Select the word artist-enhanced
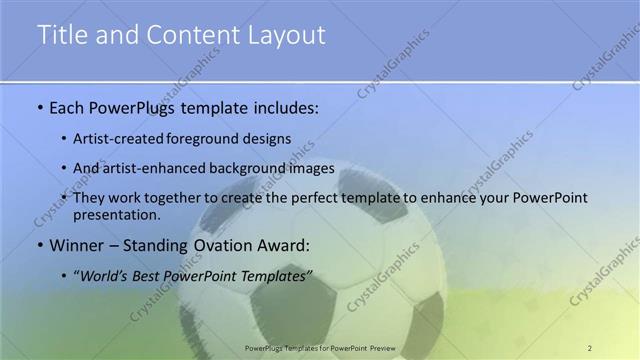point(151,168)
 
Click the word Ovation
point(211,244)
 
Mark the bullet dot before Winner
point(39,245)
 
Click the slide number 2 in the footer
point(589,347)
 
